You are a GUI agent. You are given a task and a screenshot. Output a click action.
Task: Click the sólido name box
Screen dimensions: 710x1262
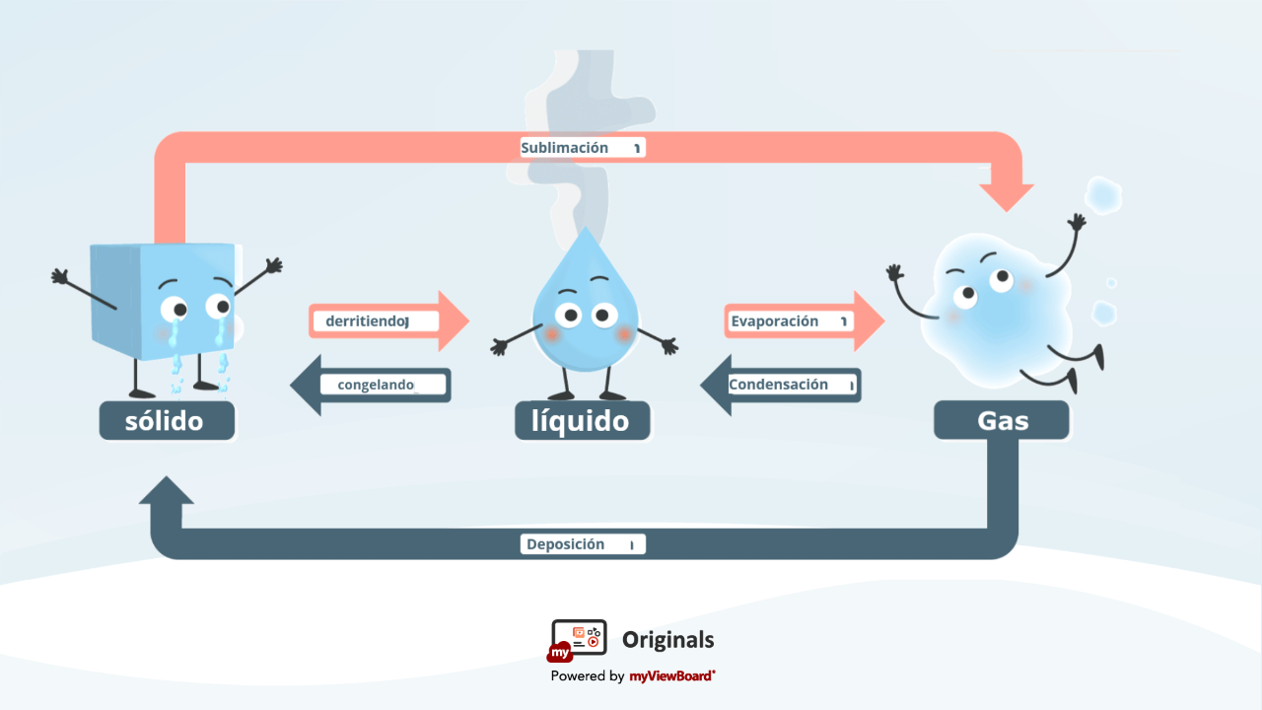[x=167, y=421]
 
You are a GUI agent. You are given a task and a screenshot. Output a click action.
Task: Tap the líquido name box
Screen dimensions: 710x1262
[x=582, y=421]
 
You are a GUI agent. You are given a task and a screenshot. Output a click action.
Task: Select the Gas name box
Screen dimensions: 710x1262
[x=1002, y=421]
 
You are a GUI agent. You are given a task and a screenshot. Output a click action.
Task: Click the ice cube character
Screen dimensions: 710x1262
[x=163, y=306]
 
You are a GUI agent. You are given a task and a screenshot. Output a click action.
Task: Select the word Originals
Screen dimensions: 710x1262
[x=667, y=640]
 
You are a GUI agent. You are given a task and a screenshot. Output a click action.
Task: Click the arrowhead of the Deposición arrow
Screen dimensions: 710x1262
[x=167, y=491]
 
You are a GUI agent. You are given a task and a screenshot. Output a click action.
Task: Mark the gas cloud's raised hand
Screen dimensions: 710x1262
[x=1078, y=222]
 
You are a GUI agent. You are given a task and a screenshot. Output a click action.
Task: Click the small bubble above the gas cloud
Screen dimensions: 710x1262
[x=1103, y=194]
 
